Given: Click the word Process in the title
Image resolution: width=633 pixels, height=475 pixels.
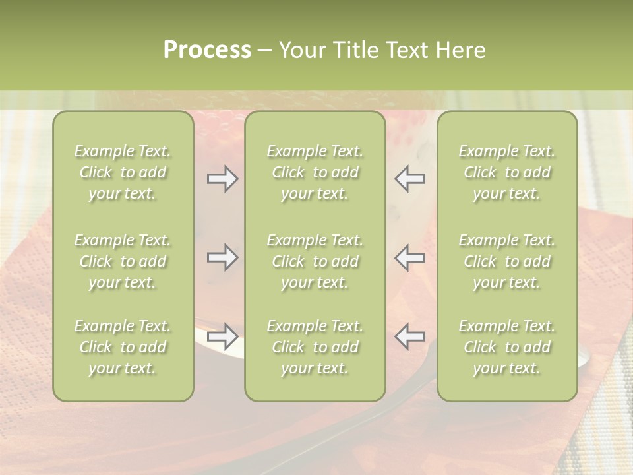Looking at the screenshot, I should click(x=207, y=50).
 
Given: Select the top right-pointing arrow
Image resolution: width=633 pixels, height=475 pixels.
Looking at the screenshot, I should click(x=222, y=179).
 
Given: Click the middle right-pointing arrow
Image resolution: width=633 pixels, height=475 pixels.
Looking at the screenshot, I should click(x=222, y=257).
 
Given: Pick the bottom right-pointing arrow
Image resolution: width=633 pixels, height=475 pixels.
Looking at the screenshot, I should click(x=222, y=336).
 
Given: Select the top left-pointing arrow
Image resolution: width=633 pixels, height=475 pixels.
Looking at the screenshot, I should click(x=410, y=179).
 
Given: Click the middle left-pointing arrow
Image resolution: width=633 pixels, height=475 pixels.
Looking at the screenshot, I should click(x=410, y=257).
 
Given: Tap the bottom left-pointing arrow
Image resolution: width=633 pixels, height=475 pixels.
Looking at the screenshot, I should click(x=410, y=336).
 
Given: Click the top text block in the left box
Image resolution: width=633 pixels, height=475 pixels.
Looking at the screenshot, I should click(x=123, y=172).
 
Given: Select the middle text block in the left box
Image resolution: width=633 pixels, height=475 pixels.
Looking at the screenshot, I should click(x=123, y=261).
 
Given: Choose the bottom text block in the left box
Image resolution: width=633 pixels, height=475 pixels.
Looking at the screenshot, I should click(x=123, y=347).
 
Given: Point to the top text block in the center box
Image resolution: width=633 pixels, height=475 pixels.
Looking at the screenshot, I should click(x=315, y=172).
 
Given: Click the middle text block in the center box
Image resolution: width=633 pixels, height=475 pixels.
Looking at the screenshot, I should click(x=315, y=261).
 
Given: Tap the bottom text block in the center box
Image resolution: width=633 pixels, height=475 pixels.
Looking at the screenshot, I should click(x=315, y=347).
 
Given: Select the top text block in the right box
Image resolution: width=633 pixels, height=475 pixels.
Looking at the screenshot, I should click(x=507, y=172).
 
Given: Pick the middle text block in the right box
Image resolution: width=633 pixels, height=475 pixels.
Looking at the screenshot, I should click(x=507, y=261).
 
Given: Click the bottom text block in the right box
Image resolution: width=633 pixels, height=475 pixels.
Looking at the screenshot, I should click(x=507, y=347).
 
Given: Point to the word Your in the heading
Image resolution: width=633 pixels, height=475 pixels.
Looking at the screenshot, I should click(x=301, y=50).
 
